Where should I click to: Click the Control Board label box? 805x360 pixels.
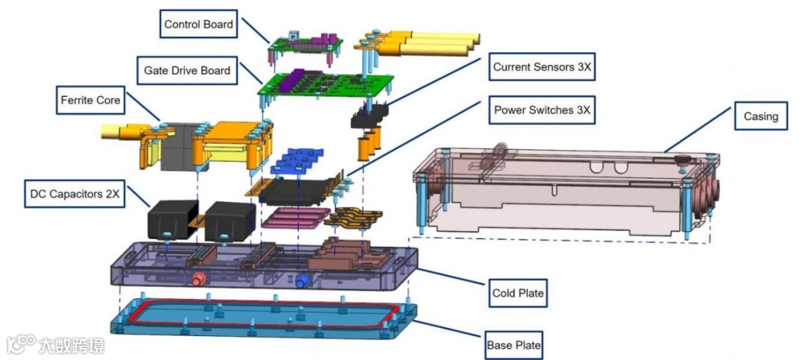(x=198, y=25)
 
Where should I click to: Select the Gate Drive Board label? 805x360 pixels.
(x=187, y=71)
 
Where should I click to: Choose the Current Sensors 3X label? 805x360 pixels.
(x=542, y=67)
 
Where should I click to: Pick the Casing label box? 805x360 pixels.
(x=760, y=116)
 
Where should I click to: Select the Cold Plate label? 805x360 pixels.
(x=518, y=293)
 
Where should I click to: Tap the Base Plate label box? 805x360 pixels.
(x=514, y=345)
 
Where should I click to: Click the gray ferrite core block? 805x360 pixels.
(x=177, y=149)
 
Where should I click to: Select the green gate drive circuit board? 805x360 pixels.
(x=324, y=86)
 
